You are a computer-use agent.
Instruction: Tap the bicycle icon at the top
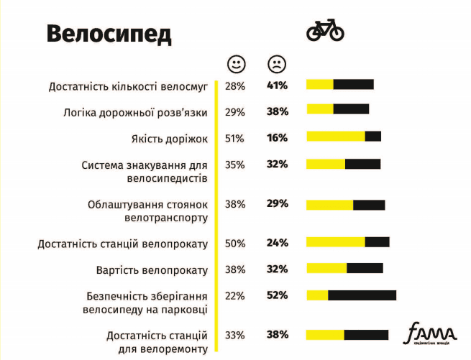tap(325, 31)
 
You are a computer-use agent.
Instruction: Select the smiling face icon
tap(235, 64)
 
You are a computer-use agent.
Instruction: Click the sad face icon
tap(276, 64)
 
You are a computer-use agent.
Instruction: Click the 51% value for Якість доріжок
tap(234, 138)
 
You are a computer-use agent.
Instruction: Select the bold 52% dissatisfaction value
tap(277, 295)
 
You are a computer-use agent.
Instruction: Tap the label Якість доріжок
tap(170, 138)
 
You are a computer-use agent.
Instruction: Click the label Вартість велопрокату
tap(152, 270)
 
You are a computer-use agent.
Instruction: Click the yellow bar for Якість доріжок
tap(336, 137)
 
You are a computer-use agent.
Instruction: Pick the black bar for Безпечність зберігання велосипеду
tap(362, 295)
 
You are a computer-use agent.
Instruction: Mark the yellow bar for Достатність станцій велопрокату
tap(336, 242)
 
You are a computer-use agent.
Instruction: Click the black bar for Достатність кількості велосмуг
tap(353, 84)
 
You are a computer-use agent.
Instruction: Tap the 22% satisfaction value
tap(234, 295)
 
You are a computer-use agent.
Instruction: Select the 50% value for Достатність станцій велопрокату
tap(234, 244)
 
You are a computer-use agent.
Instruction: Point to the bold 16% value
tap(277, 138)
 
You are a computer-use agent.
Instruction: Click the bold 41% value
tap(277, 86)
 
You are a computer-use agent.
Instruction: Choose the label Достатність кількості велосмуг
tap(128, 86)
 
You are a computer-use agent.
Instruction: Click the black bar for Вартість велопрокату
tap(365, 268)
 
